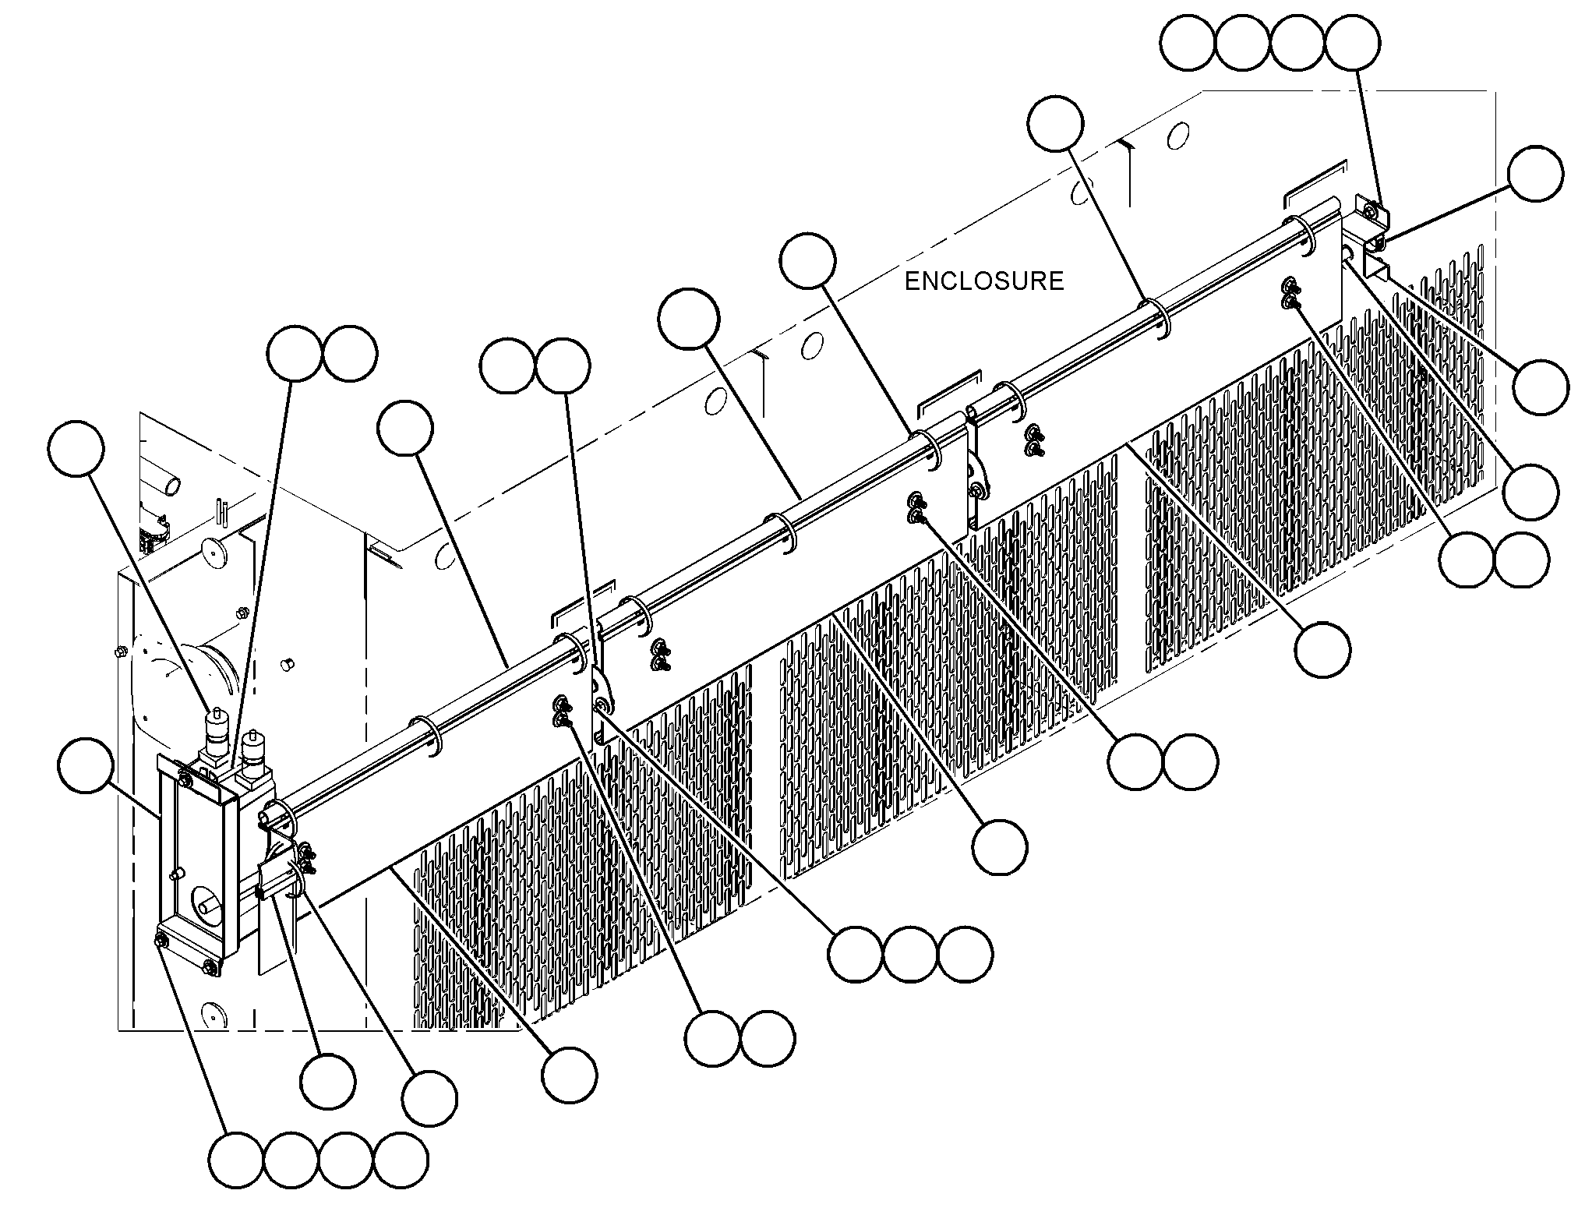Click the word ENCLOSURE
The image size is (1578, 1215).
[x=983, y=281]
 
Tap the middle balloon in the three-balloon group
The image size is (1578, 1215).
[x=910, y=954]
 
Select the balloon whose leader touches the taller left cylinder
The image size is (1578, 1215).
[x=76, y=450]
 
